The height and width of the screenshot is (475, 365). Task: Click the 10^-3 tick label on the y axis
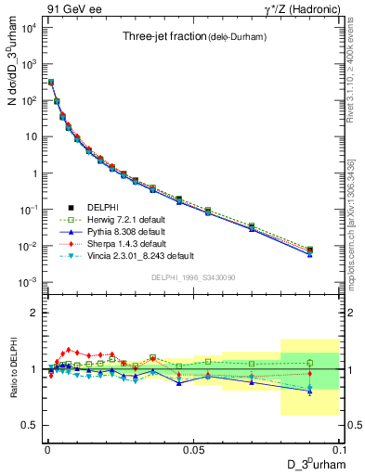(28, 282)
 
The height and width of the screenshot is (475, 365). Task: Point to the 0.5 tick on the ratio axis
(33, 425)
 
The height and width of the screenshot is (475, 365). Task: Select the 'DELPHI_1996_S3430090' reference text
(193, 277)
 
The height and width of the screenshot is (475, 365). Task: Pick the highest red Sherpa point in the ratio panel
(68, 350)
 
